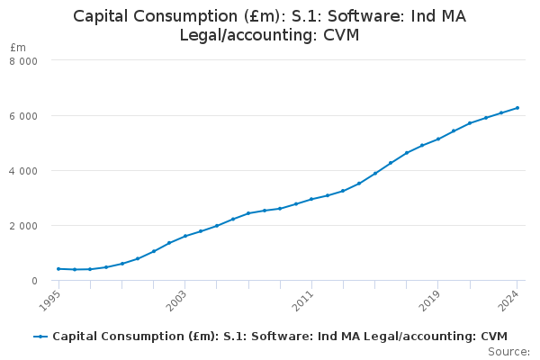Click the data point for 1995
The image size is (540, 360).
coord(58,269)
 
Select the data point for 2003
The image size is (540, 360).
coord(184,236)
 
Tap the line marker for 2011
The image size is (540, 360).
coord(311,199)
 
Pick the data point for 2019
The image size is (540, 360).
coord(438,139)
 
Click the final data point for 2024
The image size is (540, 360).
coord(517,108)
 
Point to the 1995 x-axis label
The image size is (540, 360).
coord(53,297)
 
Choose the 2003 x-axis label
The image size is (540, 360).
coord(179,297)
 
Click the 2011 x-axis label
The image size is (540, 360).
coord(306,297)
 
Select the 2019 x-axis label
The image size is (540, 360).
coord(433,297)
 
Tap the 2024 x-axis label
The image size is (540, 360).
coord(512,297)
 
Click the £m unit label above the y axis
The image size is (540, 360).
coord(18,47)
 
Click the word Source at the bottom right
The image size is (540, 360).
coord(510,352)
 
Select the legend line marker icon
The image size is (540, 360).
coord(40,337)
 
